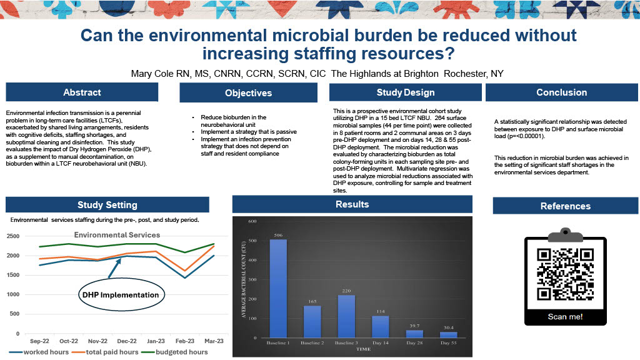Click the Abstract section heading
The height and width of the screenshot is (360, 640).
82,92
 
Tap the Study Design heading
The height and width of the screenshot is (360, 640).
405,92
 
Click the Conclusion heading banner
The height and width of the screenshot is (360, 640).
561,92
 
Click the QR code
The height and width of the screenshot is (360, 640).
565,274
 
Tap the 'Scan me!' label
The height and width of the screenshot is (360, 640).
565,316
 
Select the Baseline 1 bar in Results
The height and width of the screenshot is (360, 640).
278,288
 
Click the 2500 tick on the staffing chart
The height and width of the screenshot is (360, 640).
14,236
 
